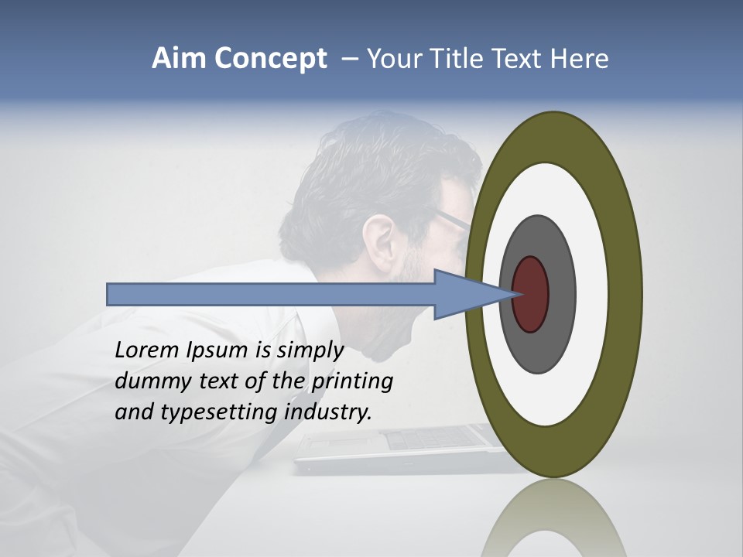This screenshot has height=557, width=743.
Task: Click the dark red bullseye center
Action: pyautogui.click(x=531, y=295)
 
